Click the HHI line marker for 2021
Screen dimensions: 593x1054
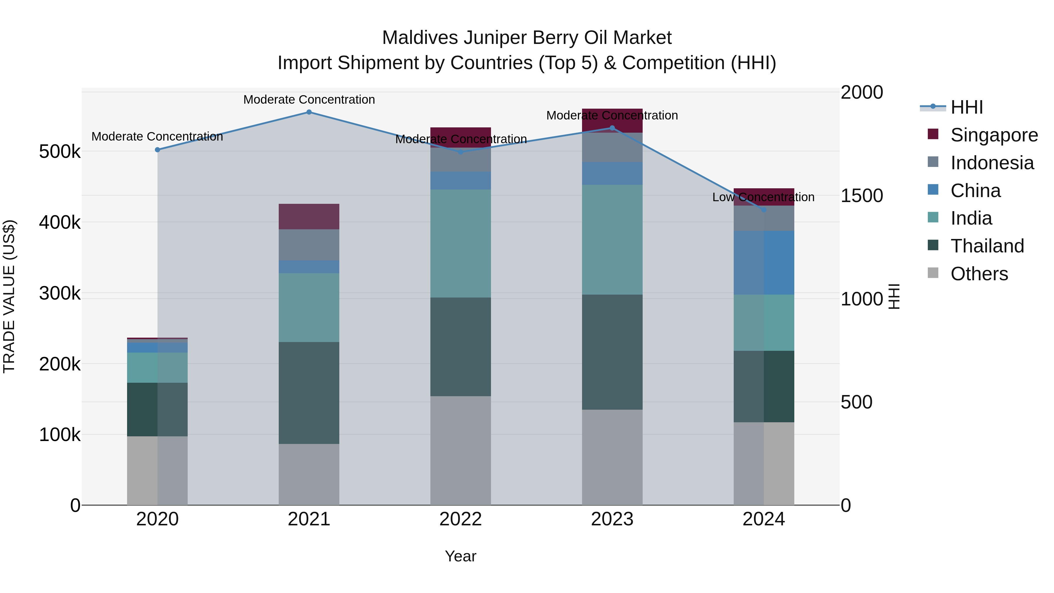(x=309, y=112)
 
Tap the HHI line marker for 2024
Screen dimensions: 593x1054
(x=764, y=210)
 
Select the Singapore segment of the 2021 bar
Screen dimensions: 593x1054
(x=309, y=216)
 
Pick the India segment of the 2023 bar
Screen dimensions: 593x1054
(x=612, y=240)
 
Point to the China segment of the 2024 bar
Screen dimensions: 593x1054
(x=764, y=262)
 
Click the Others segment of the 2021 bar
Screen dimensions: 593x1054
(x=309, y=474)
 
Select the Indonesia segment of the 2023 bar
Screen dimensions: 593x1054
(x=612, y=147)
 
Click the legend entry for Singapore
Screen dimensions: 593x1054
(x=993, y=135)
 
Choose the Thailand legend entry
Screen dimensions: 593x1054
(x=987, y=246)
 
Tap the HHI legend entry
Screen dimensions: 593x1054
(x=966, y=107)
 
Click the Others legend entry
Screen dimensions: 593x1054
(x=979, y=274)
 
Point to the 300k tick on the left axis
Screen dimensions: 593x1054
(x=60, y=293)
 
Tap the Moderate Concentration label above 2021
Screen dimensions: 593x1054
(x=309, y=100)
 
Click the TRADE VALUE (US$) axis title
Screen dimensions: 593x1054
(x=9, y=296)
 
